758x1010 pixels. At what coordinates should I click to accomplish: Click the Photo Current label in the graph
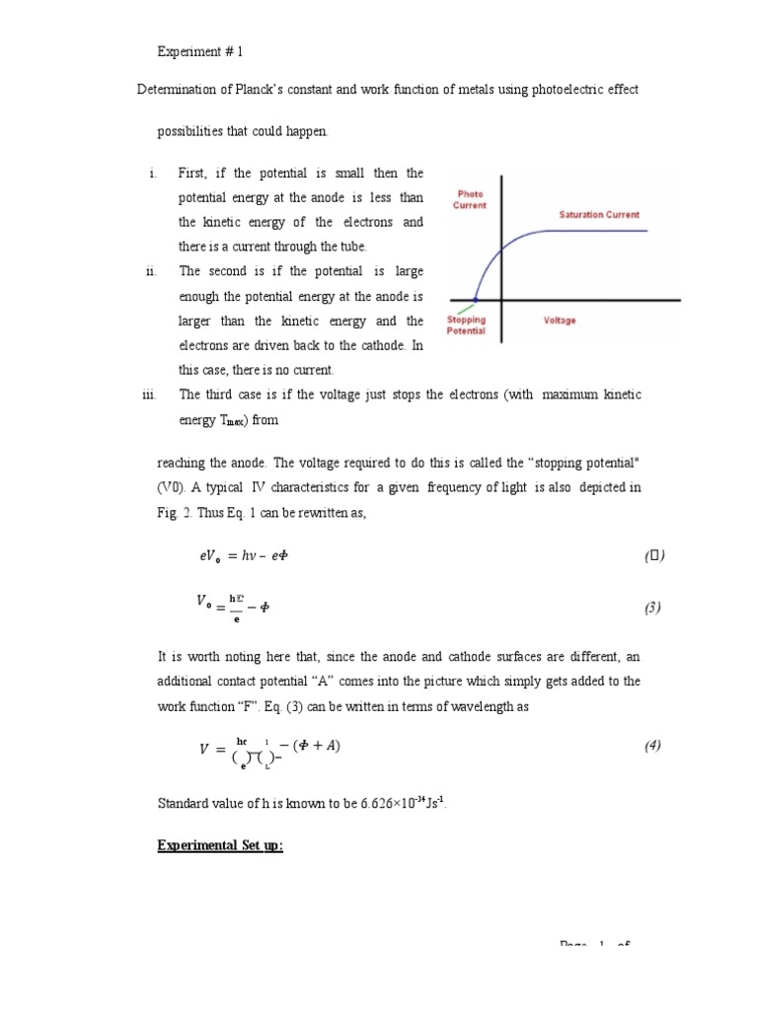tap(470, 200)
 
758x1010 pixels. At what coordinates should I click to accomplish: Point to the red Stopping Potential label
tap(466, 325)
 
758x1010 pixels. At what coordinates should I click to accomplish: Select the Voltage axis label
tap(560, 321)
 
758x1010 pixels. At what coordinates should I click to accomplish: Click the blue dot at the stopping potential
tap(476, 299)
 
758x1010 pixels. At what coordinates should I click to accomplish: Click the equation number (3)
tap(652, 608)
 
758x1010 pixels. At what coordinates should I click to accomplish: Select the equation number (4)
tap(652, 746)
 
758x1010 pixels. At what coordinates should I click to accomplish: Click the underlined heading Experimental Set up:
tap(220, 845)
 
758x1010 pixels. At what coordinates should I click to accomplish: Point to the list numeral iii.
tap(149, 395)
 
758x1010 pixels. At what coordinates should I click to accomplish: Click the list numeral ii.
tap(151, 271)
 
